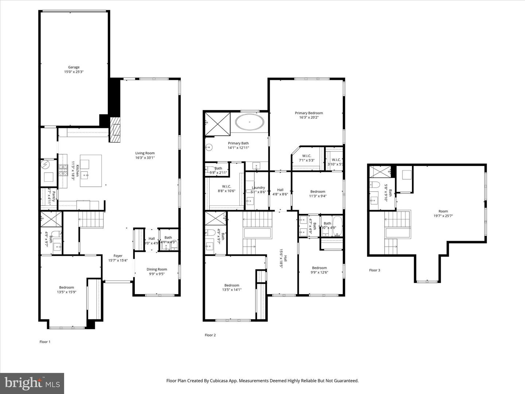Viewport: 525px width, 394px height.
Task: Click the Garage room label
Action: [x=74, y=69]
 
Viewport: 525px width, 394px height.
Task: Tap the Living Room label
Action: [x=145, y=155]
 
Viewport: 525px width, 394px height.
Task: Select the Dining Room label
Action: [x=157, y=271]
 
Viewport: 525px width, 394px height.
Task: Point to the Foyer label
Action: [x=118, y=258]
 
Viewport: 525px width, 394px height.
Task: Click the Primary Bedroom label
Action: [x=309, y=115]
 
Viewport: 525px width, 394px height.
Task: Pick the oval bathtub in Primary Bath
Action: [x=250, y=122]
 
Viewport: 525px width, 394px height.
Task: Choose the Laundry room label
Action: [x=258, y=189]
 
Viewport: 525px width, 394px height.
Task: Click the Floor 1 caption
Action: [x=45, y=342]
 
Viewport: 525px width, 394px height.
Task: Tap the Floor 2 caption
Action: [x=210, y=335]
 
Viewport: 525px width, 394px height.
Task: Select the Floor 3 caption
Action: [x=374, y=270]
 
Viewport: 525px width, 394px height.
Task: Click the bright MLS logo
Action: [x=32, y=383]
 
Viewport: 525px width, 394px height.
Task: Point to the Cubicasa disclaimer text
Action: [x=262, y=381]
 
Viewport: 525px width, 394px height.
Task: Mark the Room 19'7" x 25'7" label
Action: [x=443, y=213]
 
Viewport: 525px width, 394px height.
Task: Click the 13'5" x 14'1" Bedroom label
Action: [x=232, y=287]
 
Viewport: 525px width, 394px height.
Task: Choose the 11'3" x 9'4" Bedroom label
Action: [x=318, y=194]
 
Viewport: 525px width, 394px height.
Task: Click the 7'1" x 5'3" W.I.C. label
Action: [x=306, y=158]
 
